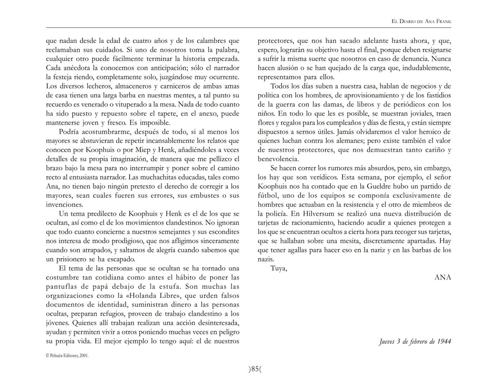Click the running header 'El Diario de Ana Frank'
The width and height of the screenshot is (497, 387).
(x=421, y=21)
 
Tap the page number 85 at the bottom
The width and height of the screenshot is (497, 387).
(x=255, y=369)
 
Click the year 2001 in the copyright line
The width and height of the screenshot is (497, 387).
(x=83, y=356)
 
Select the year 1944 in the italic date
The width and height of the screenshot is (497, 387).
(x=444, y=341)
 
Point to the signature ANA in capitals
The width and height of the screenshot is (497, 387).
(x=443, y=277)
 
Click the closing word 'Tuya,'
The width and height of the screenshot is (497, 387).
(x=279, y=268)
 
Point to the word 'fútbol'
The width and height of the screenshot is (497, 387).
(x=267, y=196)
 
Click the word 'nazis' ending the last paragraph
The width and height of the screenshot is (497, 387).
(x=265, y=259)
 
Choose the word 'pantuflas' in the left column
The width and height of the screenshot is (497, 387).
(x=61, y=287)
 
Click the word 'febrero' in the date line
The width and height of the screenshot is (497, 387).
(x=421, y=341)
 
